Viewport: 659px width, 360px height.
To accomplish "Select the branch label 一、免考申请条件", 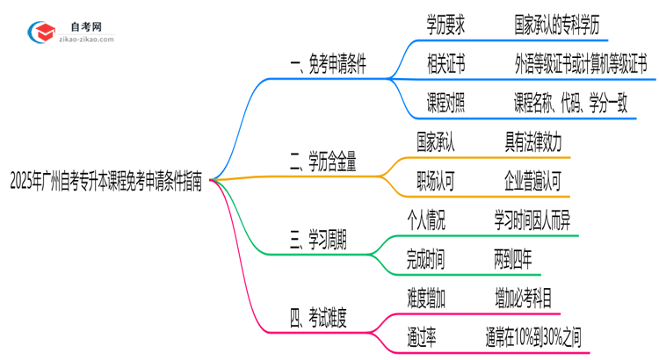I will [328, 67].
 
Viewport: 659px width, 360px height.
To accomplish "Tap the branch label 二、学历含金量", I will [322, 162].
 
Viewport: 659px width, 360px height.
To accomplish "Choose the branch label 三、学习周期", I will [317, 238].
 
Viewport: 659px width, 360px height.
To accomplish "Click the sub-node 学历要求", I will [445, 25].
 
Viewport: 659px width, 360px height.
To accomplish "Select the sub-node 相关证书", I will [445, 64].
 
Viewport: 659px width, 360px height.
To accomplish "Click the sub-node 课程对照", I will [445, 103].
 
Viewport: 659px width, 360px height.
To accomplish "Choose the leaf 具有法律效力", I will [533, 141].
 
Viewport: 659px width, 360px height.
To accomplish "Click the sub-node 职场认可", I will [435, 181].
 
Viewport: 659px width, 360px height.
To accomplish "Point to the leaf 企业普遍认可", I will [533, 181].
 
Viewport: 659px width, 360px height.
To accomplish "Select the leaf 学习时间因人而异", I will [532, 220].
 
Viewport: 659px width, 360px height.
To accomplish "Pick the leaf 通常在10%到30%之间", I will [532, 335].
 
